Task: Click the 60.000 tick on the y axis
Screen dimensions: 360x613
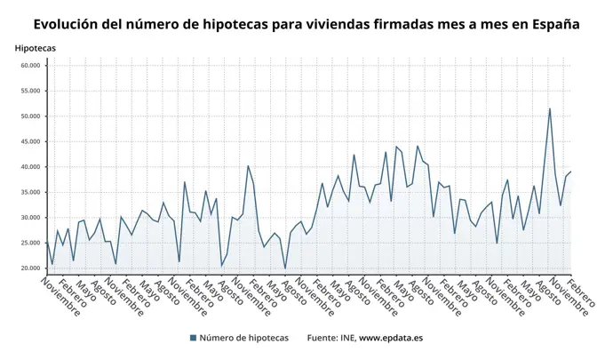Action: pos(29,66)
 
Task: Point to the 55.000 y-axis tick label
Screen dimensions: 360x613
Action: pos(29,91)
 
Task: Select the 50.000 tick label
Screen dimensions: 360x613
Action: pos(29,116)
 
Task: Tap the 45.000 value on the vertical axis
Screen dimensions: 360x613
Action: pos(29,141)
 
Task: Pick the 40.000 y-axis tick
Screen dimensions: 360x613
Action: pos(29,167)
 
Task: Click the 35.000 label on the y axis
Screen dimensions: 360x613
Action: pos(29,192)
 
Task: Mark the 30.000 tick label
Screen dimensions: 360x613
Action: pos(29,218)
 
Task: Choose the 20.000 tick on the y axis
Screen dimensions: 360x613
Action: pos(29,268)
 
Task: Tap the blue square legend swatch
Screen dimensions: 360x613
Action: pos(193,338)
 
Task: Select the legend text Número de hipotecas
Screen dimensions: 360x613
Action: pos(243,338)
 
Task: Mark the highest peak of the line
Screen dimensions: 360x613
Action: pos(550,108)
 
